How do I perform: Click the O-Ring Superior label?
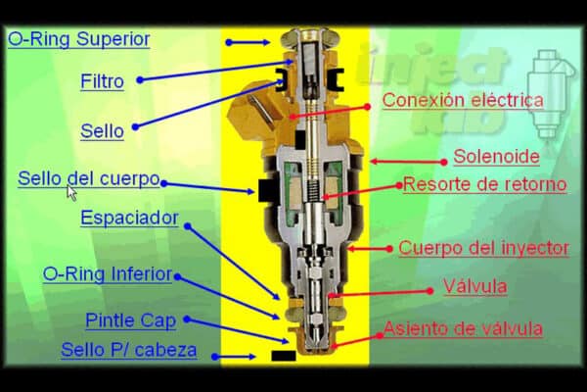point(78,40)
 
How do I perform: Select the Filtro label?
point(103,82)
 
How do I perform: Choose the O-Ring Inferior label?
point(108,273)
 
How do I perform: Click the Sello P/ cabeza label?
point(128,350)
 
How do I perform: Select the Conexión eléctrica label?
point(462,100)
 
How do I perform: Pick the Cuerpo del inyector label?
point(483,248)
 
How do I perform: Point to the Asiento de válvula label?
point(462,329)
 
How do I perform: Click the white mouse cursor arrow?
point(72,191)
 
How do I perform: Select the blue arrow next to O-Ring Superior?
point(248,41)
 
